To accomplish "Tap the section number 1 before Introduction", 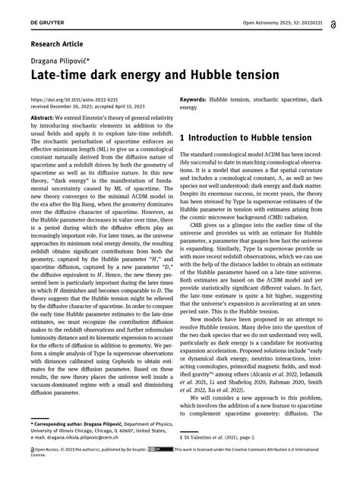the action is click(x=185, y=138).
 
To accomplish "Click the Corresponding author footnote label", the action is click(x=62, y=421).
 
